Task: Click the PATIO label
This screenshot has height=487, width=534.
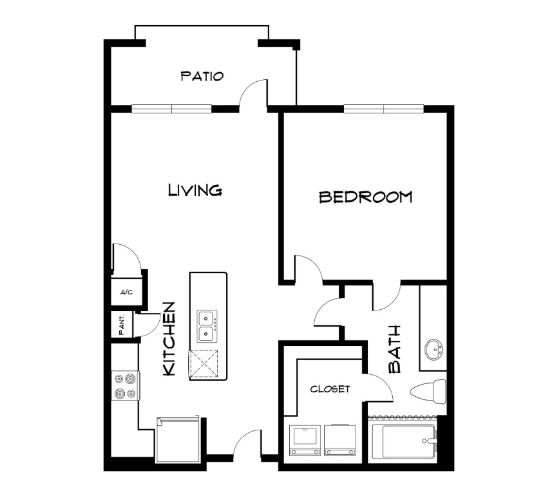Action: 202,76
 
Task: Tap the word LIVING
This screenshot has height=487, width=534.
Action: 195,190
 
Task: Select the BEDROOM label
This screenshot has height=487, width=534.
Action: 365,197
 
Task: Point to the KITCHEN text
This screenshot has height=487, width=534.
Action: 169,339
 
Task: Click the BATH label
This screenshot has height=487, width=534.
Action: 394,349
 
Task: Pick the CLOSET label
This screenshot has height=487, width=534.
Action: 330,389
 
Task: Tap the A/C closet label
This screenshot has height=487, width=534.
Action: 126,292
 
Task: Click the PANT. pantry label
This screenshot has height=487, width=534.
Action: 122,324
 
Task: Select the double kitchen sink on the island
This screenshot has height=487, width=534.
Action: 206,327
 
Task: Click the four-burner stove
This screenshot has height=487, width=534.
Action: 126,386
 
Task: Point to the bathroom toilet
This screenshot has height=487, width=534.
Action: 428,391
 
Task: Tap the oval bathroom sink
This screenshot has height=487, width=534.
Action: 434,349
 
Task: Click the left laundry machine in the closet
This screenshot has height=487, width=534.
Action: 305,440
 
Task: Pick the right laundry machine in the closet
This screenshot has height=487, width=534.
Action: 340,440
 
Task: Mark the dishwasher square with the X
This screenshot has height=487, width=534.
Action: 204,364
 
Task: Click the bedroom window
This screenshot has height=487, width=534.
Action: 384,109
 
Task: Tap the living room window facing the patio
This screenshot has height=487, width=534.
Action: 171,109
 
